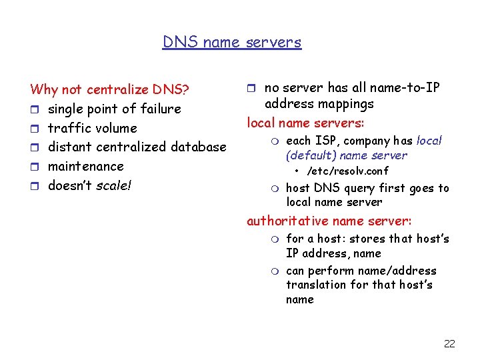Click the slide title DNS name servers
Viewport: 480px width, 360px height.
click(x=232, y=42)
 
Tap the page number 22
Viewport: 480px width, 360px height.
click(x=449, y=343)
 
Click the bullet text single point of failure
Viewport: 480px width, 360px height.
click(x=114, y=109)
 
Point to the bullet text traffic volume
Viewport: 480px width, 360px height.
click(x=92, y=128)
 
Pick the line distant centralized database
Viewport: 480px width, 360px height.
click(x=137, y=147)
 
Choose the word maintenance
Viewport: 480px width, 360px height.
click(x=85, y=166)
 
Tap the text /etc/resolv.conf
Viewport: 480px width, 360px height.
click(x=347, y=171)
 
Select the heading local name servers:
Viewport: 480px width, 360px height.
click(x=305, y=123)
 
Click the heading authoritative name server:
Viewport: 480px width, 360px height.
click(x=329, y=221)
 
